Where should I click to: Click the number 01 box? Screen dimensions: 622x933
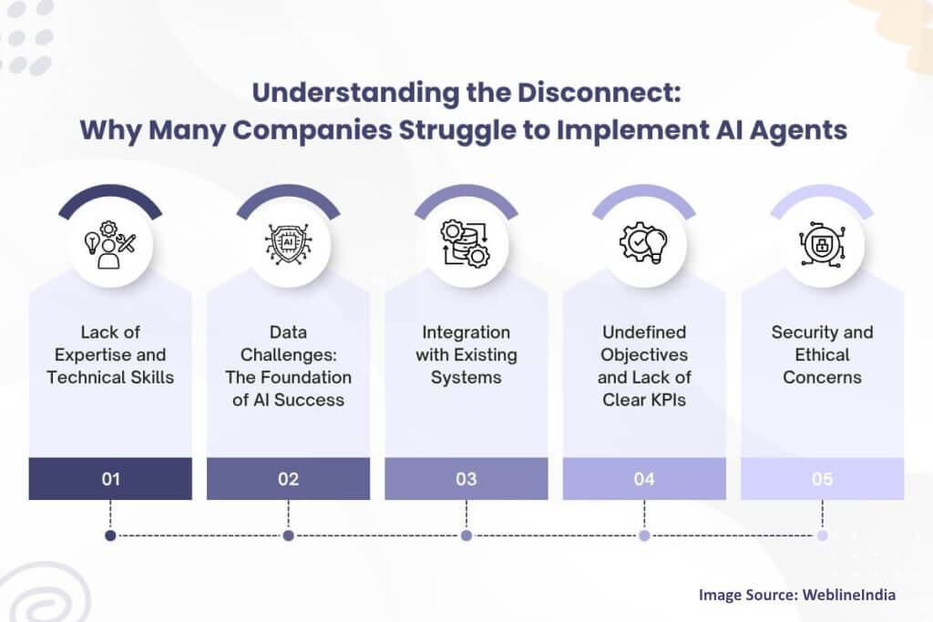tap(110, 479)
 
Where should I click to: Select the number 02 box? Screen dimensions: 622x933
tap(288, 479)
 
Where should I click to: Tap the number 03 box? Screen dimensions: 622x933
tap(466, 479)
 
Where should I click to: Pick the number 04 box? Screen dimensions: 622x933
tap(643, 479)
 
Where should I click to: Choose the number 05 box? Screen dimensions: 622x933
tap(822, 479)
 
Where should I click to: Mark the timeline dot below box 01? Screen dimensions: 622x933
tap(110, 535)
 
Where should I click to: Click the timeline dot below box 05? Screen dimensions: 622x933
tap(822, 535)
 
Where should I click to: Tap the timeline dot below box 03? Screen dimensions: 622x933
tap(466, 535)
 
